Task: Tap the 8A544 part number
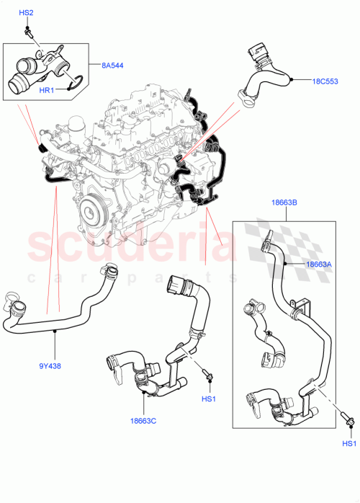pos(112,66)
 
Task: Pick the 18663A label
pos(318,264)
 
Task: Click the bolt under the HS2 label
pos(28,31)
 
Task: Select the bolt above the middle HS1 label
pos(207,375)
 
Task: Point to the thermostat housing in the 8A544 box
pos(43,66)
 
